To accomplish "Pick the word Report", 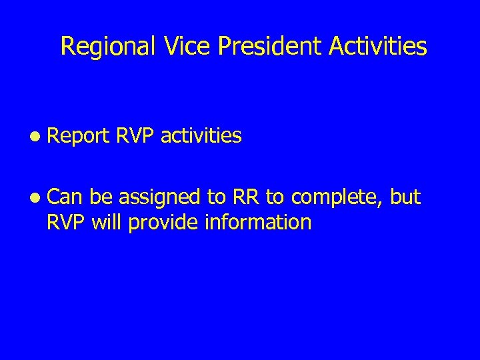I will [78, 137].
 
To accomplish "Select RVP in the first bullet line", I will [135, 137].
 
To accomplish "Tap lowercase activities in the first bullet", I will [202, 137].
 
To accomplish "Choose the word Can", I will [64, 197].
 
